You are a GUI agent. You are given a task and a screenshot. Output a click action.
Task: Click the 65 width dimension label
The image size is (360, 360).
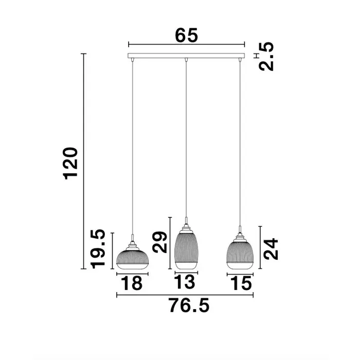[186, 35]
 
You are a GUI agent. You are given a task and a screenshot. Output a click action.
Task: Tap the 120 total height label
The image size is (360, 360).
[70, 164]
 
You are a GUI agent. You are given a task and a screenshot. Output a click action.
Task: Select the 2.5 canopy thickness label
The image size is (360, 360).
[266, 57]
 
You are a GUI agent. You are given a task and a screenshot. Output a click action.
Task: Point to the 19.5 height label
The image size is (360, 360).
[98, 248]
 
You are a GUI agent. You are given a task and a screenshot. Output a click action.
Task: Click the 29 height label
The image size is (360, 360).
[160, 242]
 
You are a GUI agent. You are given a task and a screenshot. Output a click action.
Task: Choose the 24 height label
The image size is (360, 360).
[271, 249]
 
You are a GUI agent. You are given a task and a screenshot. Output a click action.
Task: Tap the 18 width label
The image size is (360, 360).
[132, 283]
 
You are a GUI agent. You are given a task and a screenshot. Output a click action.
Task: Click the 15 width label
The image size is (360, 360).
[241, 283]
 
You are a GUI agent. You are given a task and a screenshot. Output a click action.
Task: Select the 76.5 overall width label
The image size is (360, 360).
[189, 305]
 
